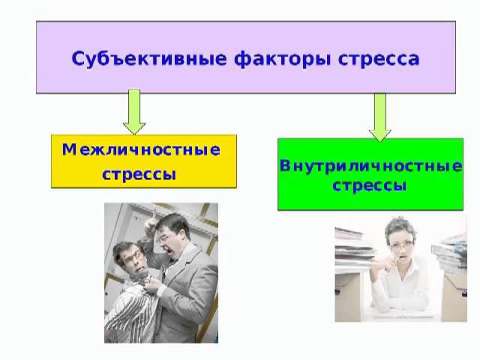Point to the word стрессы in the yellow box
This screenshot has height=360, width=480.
[139, 175]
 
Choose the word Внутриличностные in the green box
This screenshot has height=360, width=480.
[370, 165]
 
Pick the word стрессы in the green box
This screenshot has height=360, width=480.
[370, 185]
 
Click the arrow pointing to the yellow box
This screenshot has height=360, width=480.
[135, 112]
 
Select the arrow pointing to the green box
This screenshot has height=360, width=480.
[380, 115]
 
